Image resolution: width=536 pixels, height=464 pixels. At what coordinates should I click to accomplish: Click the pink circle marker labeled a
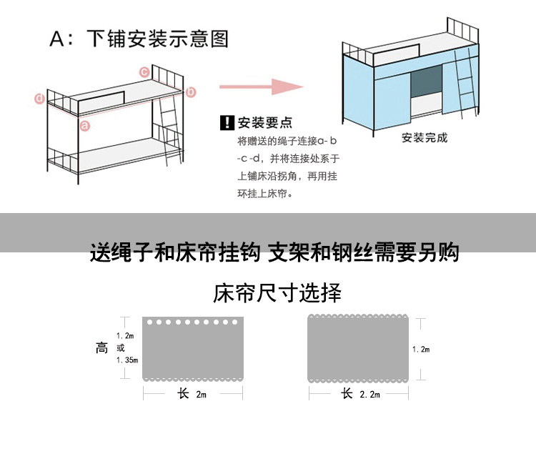pos(84,126)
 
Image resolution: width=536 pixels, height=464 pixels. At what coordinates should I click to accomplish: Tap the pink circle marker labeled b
pos(191,92)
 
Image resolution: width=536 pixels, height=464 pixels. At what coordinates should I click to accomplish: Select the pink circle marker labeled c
pos(144,71)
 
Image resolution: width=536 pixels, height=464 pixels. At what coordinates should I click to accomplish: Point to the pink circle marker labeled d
pos(40,99)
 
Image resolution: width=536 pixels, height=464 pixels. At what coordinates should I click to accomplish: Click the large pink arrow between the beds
pos(261,87)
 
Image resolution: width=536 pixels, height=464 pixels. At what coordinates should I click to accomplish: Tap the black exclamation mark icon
pos(227,122)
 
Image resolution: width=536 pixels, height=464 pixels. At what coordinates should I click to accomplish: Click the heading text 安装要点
pos(265,122)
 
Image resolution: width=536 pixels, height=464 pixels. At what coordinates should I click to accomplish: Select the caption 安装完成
pos(424,137)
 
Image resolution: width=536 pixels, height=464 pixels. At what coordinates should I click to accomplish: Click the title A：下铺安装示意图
pos(139,39)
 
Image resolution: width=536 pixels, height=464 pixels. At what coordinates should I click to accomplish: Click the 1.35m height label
pos(126,360)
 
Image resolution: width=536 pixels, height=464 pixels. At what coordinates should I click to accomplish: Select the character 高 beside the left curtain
pos(102,348)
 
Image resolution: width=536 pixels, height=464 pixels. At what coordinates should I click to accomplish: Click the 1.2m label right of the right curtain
pos(421,349)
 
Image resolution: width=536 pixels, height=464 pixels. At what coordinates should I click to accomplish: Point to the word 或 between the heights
pos(120,348)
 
